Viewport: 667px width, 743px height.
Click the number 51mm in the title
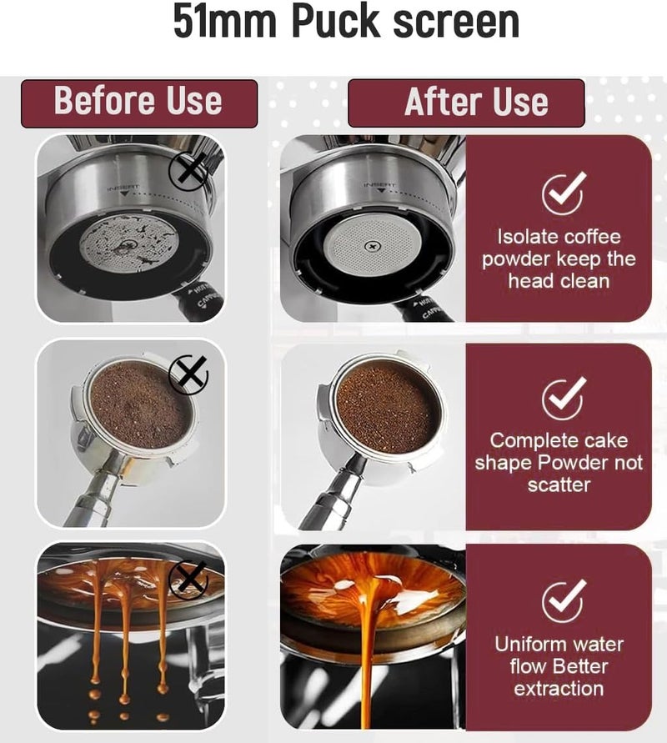click(224, 22)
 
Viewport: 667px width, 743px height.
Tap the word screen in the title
click(456, 23)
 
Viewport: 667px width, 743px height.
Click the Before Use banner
click(139, 103)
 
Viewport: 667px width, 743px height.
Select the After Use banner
click(466, 103)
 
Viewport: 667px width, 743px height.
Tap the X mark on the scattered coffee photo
click(188, 374)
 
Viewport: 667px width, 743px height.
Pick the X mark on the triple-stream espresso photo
click(188, 580)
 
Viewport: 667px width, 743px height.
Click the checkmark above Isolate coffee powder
click(563, 193)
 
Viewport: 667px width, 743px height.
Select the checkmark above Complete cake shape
click(563, 399)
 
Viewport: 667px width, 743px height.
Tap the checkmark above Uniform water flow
click(563, 600)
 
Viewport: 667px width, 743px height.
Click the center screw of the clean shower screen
click(373, 246)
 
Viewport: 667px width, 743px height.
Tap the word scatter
click(559, 484)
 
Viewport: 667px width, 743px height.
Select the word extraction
click(559, 689)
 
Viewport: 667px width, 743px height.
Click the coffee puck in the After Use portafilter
click(387, 409)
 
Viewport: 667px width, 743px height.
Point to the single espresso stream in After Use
click(368, 654)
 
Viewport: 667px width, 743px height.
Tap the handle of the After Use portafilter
click(332, 493)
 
